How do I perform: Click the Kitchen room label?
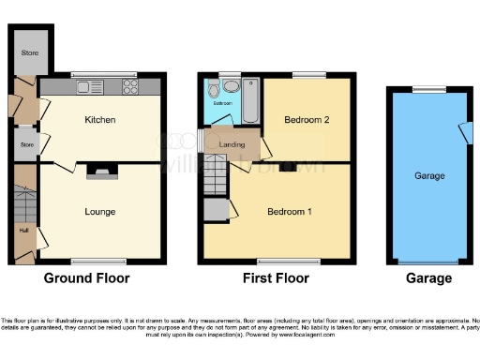(99, 120)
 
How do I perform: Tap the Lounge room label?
(99, 212)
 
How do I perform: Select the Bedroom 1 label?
(289, 211)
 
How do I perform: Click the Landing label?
(232, 144)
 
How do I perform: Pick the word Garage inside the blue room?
(429, 175)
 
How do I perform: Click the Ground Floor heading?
(86, 278)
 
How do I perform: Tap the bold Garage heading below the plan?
(428, 278)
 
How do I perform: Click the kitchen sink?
(88, 87)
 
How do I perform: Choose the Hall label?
(22, 229)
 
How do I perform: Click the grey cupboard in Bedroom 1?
(217, 210)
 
